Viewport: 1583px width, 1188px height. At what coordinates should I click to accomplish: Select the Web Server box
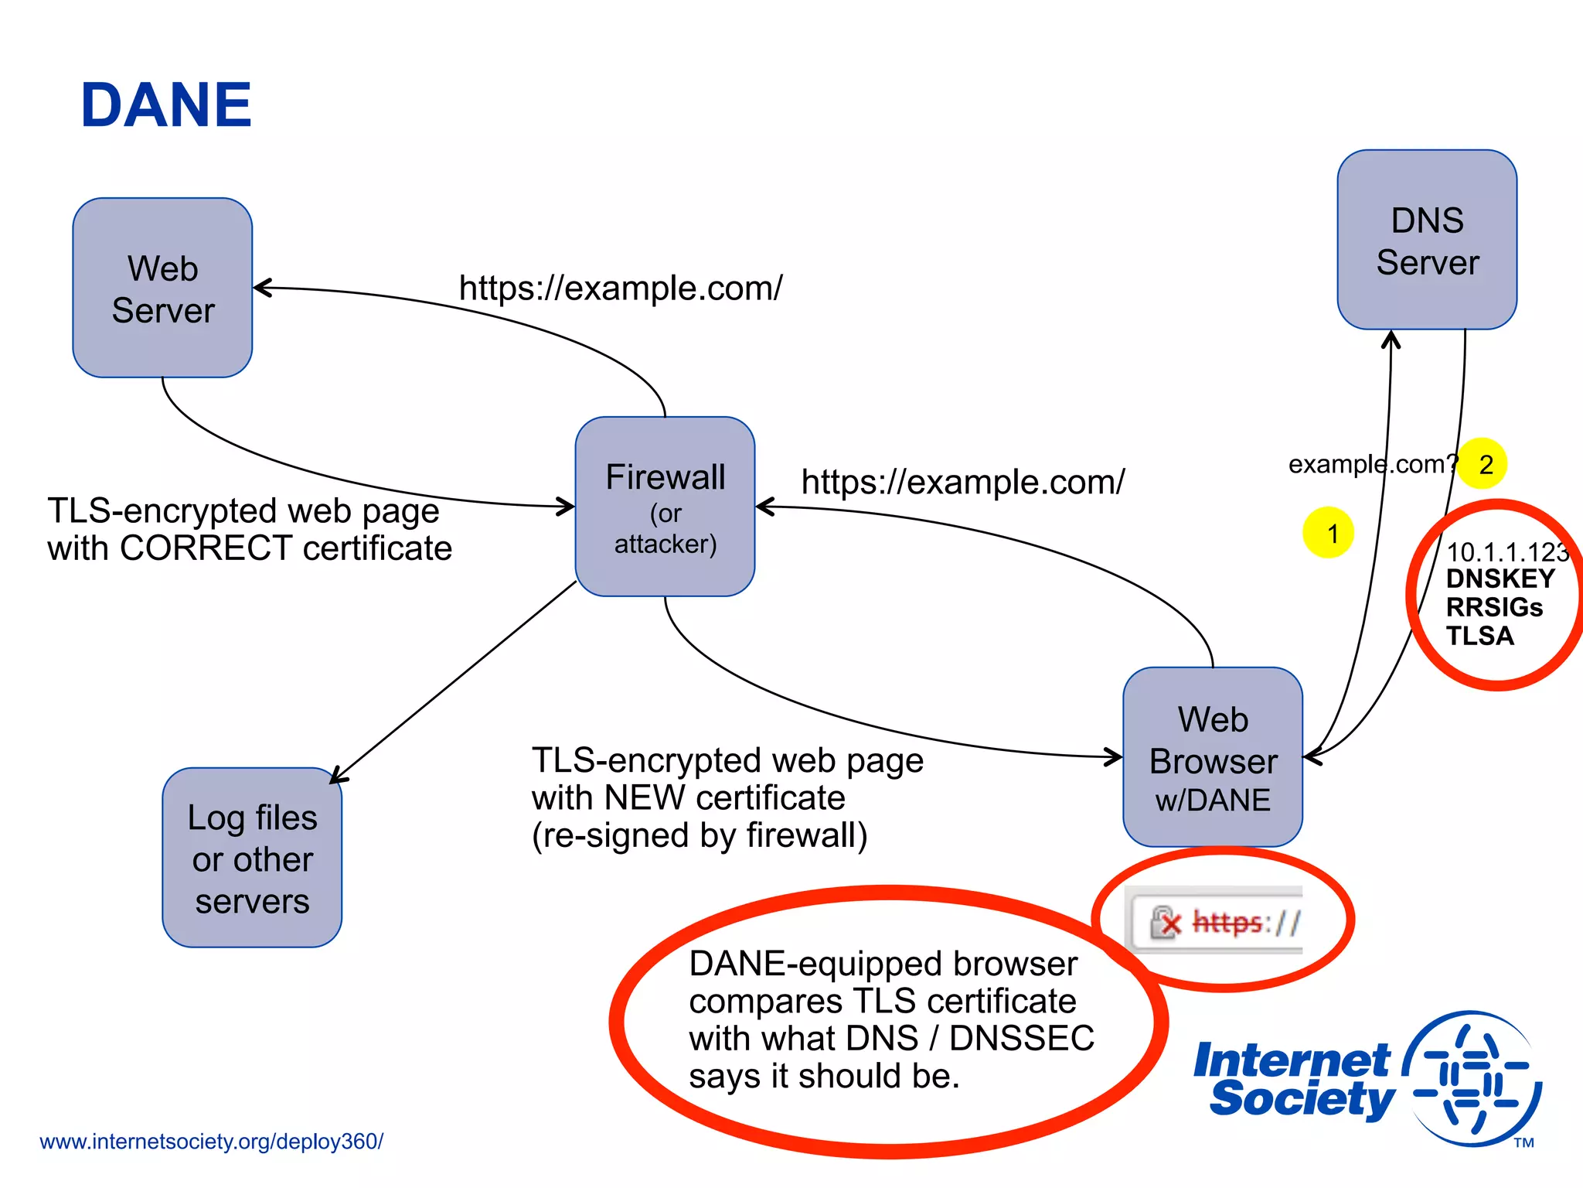(x=162, y=288)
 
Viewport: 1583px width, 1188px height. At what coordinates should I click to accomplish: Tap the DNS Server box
(x=1427, y=240)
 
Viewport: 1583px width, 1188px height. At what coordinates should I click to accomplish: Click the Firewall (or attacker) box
(x=665, y=507)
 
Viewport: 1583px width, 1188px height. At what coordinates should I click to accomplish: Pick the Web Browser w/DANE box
(x=1213, y=757)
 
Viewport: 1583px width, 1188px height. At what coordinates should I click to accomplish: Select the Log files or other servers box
(x=252, y=858)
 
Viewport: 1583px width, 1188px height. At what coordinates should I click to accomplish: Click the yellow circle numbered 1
(x=1328, y=533)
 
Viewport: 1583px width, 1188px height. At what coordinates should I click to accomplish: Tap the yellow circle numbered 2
(x=1483, y=464)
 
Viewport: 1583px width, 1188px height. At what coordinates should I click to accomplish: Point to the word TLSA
(x=1479, y=636)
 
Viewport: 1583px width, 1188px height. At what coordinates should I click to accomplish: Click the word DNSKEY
(x=1500, y=579)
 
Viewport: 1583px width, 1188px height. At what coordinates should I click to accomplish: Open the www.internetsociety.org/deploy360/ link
(x=211, y=1142)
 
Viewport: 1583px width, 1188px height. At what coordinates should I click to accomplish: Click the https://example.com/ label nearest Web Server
(x=620, y=288)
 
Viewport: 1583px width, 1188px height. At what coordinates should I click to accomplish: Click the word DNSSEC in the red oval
(x=1021, y=1039)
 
